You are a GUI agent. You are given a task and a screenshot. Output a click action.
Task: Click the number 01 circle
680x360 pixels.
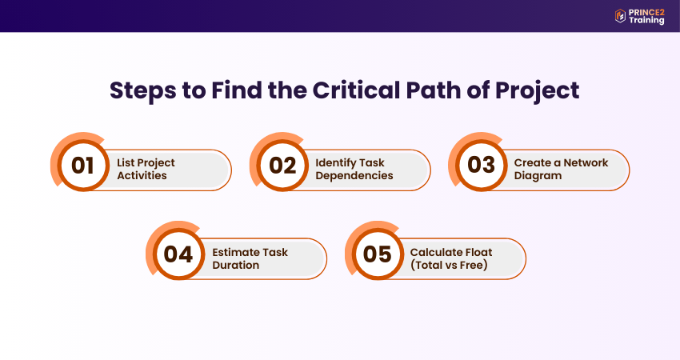coord(83,166)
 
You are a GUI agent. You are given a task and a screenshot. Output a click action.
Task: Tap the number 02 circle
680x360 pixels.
coord(282,166)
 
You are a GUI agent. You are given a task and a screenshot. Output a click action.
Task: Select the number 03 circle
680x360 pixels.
coord(482,166)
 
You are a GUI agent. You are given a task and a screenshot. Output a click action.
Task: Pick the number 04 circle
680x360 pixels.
coord(178,254)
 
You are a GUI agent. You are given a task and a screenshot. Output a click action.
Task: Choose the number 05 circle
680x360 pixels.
coord(378,254)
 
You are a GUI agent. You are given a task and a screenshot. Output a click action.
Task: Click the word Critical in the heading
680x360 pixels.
coord(356,90)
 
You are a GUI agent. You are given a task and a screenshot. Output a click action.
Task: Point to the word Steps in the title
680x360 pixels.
coord(143,91)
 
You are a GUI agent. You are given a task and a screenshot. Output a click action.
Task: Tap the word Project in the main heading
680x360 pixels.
coord(537,91)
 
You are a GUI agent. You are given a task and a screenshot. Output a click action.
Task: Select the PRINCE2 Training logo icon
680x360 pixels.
coord(620,16)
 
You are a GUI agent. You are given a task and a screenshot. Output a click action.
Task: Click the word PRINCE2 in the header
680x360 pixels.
coord(646,13)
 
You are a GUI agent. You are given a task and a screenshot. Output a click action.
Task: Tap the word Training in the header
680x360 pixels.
coord(646,20)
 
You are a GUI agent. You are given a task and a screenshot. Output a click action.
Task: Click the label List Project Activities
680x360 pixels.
coord(146,169)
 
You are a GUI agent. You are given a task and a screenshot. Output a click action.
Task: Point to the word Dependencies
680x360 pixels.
coord(354,176)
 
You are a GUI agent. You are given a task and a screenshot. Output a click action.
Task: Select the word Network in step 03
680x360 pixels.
coord(586,162)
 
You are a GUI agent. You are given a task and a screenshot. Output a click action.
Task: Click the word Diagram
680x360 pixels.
coord(538,176)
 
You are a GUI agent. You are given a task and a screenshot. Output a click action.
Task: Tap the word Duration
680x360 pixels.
coord(235,265)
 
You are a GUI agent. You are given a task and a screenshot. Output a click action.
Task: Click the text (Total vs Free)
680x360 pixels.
coord(449,265)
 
